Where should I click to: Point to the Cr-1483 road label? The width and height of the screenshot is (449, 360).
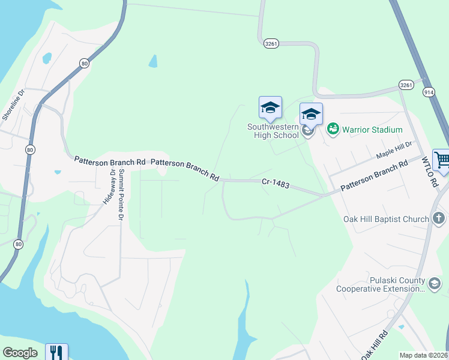tap(276, 183)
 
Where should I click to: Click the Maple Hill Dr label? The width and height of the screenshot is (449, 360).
tap(394, 149)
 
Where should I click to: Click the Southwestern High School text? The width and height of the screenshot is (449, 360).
tap(273, 131)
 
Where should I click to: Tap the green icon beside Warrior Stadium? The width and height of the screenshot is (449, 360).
tap(333, 129)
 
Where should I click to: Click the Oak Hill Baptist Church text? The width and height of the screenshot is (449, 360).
tap(386, 219)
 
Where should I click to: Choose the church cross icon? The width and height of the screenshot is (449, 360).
tap(438, 218)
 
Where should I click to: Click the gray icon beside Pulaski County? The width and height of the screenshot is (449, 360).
tap(435, 282)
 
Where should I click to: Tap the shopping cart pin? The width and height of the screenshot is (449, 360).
tap(441, 161)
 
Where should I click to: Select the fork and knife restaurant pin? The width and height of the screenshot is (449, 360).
tap(57, 352)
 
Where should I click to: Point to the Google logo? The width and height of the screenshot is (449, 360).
tap(20, 353)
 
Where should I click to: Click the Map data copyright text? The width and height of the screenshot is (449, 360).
tap(424, 355)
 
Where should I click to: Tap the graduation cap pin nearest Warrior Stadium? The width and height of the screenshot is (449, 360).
tap(311, 114)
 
